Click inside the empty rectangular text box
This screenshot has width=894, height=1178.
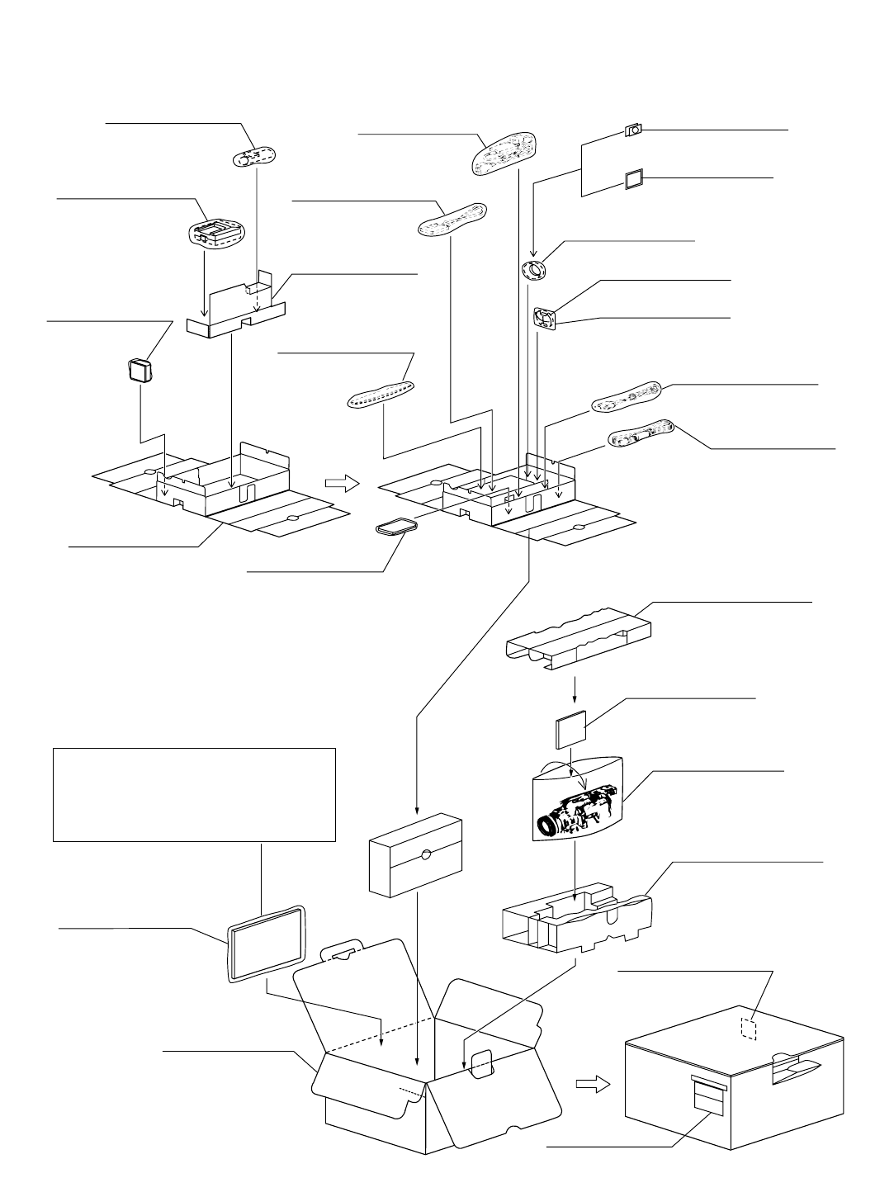tap(194, 794)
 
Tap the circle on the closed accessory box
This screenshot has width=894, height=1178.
tap(425, 855)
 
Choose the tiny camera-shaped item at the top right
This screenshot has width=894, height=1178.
tap(635, 130)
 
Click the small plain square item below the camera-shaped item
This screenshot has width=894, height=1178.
tap(635, 180)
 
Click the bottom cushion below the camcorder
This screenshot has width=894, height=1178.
tap(578, 916)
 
